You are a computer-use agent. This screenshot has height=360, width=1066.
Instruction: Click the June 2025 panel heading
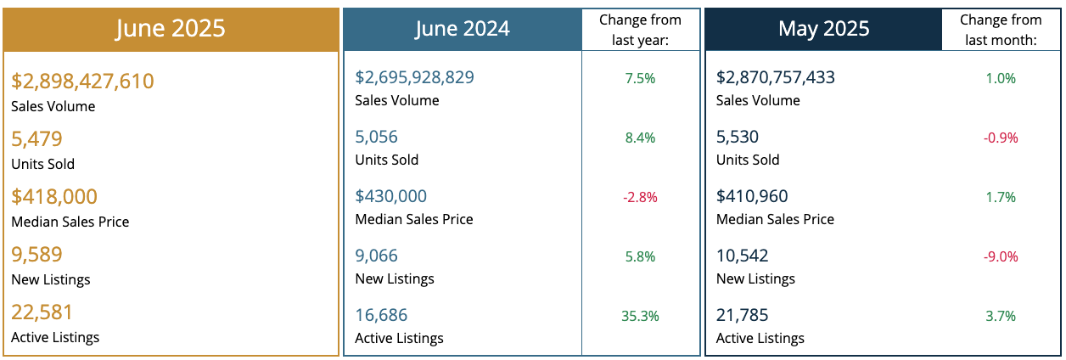(171, 28)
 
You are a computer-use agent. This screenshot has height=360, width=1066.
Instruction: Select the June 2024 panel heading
(462, 29)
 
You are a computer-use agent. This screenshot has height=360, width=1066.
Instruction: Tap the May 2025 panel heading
(823, 29)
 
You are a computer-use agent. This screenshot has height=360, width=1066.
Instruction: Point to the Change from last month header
(1000, 30)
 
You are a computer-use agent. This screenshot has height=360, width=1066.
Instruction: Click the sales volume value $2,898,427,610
(82, 82)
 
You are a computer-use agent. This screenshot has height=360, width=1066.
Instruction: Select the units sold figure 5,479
(36, 139)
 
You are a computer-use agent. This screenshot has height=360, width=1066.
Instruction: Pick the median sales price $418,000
(54, 197)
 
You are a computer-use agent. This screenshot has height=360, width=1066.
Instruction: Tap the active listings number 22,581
(42, 312)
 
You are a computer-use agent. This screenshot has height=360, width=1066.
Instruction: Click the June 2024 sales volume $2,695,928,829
(414, 77)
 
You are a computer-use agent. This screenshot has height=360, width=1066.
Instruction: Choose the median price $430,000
(390, 196)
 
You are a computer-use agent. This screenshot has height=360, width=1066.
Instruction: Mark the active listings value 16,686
(382, 315)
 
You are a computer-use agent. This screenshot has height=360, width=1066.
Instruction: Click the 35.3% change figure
(640, 316)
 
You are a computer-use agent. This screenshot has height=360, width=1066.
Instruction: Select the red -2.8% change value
(640, 197)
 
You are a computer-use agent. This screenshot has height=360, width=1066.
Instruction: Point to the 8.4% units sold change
(640, 138)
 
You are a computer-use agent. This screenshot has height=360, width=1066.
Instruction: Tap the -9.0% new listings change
(1001, 256)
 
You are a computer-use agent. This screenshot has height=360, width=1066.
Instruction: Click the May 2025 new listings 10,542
(743, 256)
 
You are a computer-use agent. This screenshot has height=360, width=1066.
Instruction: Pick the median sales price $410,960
(753, 196)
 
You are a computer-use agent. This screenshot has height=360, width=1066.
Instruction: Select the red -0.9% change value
(1001, 138)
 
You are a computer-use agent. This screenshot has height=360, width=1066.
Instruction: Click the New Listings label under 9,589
(50, 279)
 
